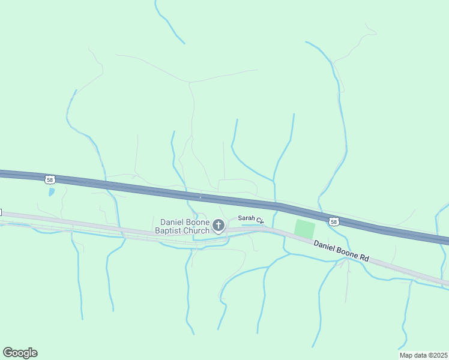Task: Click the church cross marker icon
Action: tap(218, 226)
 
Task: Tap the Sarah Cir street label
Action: tap(251, 219)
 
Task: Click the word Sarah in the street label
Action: tap(246, 218)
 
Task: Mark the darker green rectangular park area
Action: tap(304, 229)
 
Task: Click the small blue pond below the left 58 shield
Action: tap(51, 193)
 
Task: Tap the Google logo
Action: tap(20, 353)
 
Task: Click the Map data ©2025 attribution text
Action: tap(423, 355)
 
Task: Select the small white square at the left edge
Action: tap(1, 212)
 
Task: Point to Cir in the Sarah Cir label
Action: tap(261, 221)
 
